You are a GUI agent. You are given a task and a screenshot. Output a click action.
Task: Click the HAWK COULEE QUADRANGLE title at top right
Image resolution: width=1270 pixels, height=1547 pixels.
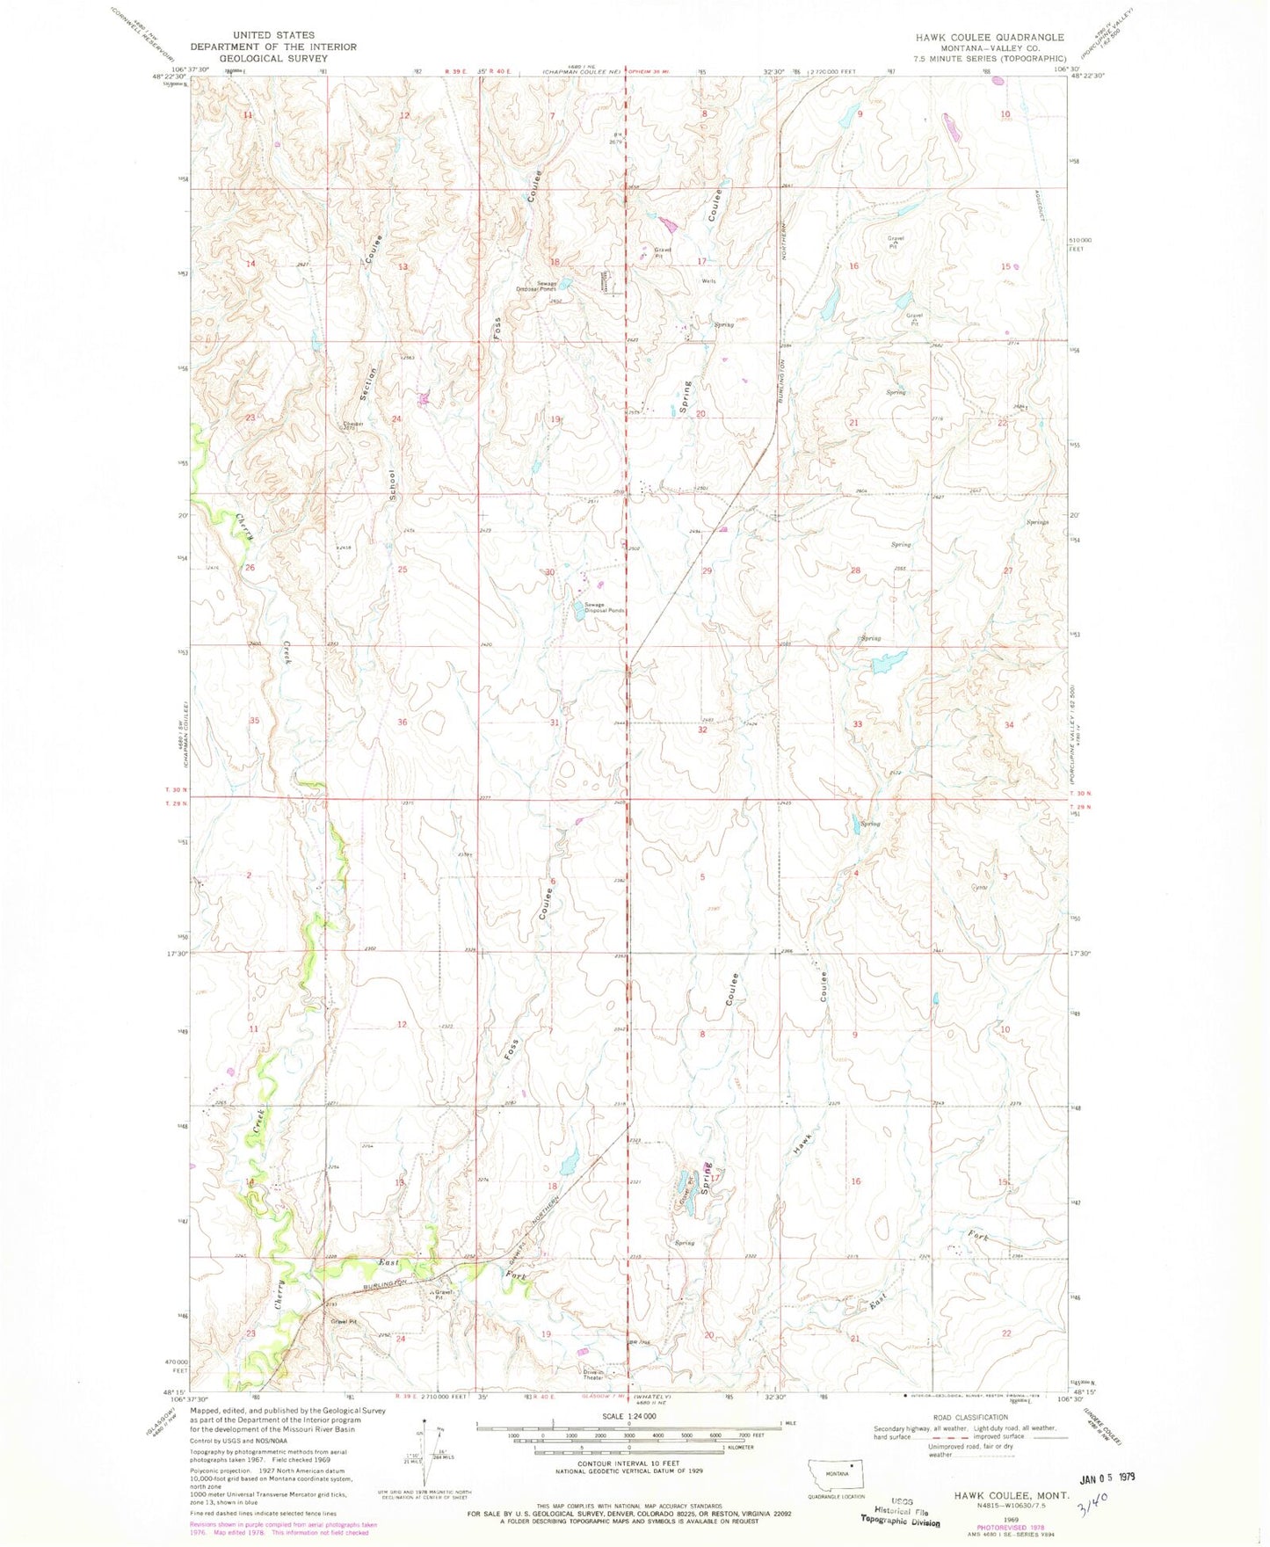point(989,37)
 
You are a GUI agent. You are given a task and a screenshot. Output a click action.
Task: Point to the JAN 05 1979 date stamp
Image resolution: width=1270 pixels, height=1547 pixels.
point(1106,1477)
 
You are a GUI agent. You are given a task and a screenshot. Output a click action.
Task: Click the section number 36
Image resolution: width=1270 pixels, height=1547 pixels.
point(402,723)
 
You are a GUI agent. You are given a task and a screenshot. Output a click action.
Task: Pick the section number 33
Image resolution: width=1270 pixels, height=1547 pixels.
point(856,724)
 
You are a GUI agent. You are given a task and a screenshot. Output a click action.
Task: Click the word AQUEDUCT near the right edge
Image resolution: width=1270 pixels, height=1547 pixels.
point(1038,207)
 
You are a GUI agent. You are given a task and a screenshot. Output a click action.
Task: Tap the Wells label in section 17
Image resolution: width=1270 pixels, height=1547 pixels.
point(708,281)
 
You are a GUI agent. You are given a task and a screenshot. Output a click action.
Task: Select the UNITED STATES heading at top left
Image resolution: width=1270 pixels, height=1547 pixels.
point(273,35)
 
